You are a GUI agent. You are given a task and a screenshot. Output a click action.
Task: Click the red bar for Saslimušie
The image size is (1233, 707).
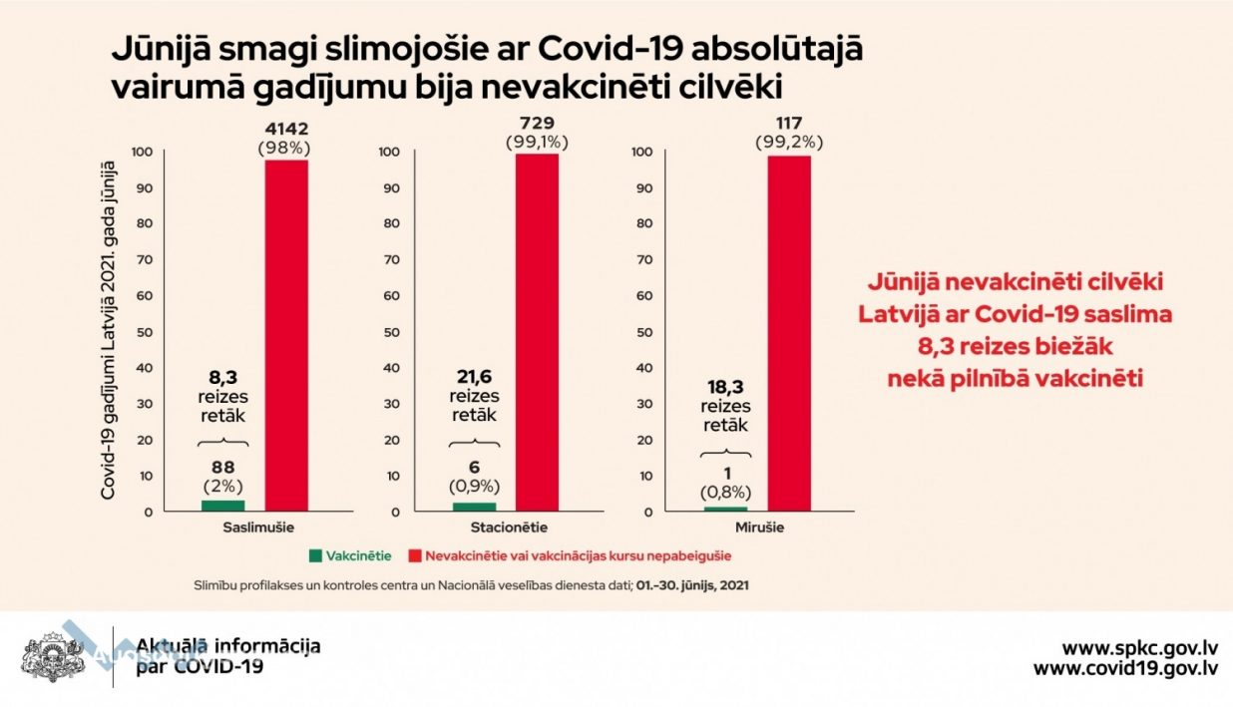[x=285, y=335]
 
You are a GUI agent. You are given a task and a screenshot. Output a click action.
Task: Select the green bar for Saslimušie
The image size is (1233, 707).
[x=222, y=506]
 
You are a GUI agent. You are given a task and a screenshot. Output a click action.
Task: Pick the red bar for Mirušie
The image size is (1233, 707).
[x=788, y=333]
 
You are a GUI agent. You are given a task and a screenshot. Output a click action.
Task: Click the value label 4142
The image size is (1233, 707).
[x=286, y=129]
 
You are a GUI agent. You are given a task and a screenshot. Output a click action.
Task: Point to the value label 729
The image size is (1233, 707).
[x=537, y=122]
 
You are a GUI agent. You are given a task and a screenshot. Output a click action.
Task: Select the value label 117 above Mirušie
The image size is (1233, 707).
[x=789, y=123]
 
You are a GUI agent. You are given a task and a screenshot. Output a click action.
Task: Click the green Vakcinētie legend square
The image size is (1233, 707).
[x=316, y=554]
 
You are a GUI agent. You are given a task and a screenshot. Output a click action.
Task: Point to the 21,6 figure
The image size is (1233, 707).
[x=475, y=377]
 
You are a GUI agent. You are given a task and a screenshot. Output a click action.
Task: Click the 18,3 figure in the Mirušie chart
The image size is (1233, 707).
[x=725, y=388]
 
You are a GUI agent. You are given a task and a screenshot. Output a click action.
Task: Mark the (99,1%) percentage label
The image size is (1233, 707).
[x=538, y=142]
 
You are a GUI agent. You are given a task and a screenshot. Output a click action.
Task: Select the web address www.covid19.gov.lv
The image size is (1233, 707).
[x=1124, y=668]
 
